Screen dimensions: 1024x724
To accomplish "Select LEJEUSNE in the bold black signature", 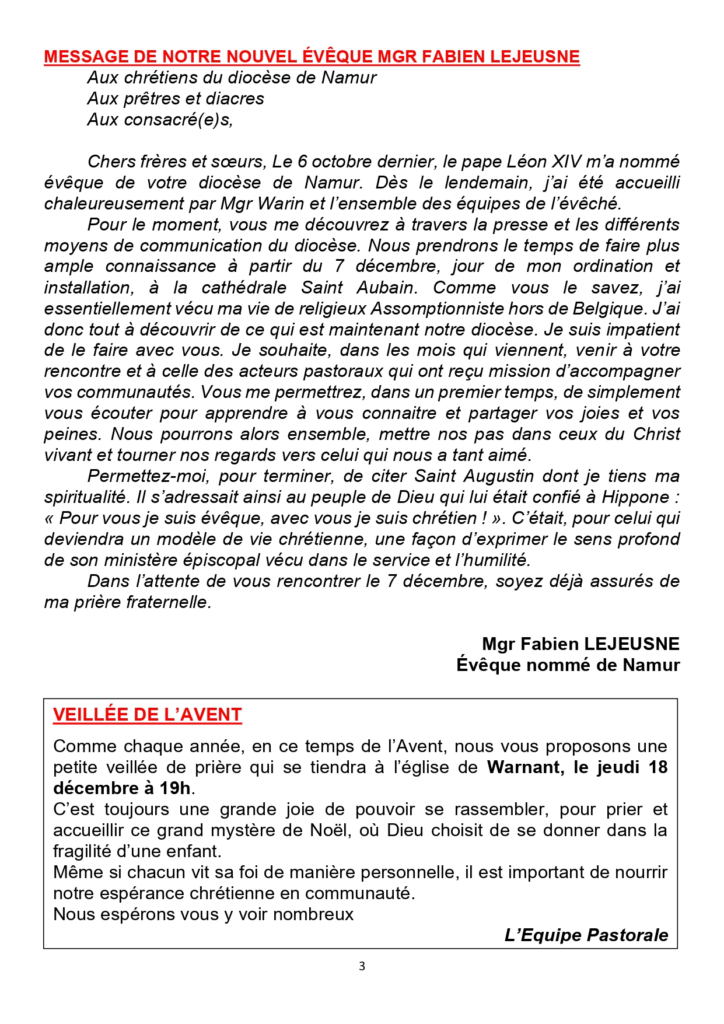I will [631, 644].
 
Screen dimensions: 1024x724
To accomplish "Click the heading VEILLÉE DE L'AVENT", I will [147, 715].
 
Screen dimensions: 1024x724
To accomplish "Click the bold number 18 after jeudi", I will [657, 767].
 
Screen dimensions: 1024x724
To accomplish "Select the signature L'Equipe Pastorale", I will [586, 935].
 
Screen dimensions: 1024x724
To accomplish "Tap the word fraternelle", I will [168, 602].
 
